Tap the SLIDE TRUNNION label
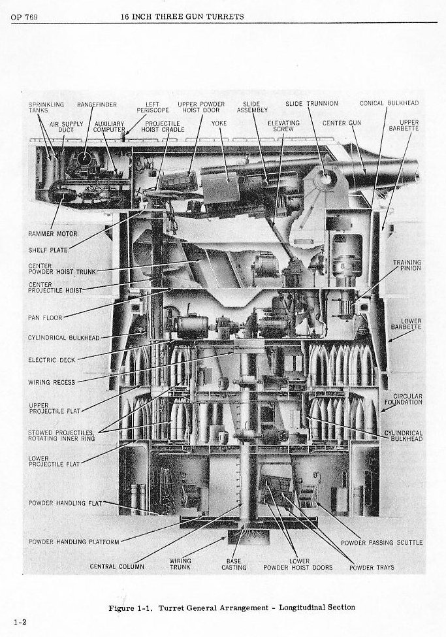[x=311, y=104]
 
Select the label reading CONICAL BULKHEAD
[x=389, y=103]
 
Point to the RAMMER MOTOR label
[x=53, y=234]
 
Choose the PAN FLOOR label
[x=45, y=318]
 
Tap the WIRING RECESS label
[x=52, y=382]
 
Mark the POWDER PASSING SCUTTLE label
[x=382, y=542]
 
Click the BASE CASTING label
[x=233, y=564]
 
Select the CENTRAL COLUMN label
[x=117, y=566]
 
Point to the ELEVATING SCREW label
[x=283, y=126]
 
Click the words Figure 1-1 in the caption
[x=131, y=608]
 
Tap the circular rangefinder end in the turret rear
[x=84, y=159]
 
